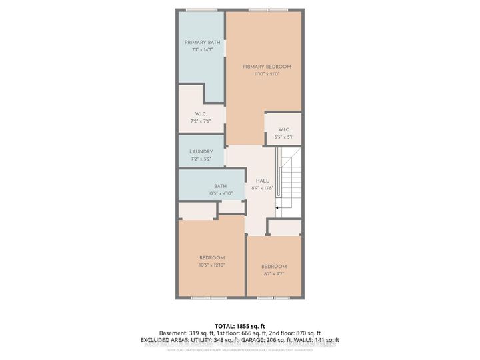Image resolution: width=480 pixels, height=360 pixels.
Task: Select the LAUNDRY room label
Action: tap(201, 152)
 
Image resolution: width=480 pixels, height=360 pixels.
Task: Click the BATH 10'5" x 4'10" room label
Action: tap(220, 186)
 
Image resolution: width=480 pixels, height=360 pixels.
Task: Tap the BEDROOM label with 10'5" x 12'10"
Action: tap(212, 257)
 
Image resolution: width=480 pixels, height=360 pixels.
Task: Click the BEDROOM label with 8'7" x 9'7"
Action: tap(273, 267)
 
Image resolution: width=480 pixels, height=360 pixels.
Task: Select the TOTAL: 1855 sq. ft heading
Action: tap(239, 325)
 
